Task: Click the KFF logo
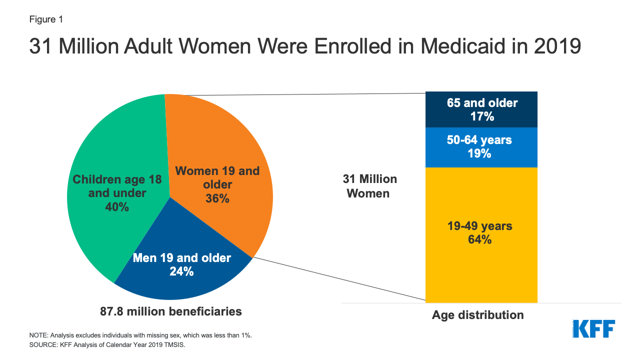(x=593, y=328)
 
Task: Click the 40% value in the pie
(x=116, y=206)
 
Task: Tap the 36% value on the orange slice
(x=217, y=198)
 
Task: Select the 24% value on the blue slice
(x=181, y=271)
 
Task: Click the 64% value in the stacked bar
(x=479, y=239)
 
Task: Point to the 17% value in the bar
(x=482, y=117)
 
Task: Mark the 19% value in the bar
(x=479, y=153)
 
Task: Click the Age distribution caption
(x=477, y=315)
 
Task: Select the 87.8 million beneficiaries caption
(x=171, y=311)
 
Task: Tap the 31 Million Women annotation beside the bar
(x=369, y=186)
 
